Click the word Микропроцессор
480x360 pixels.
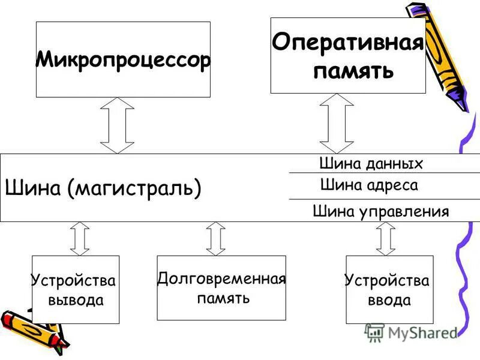(x=123, y=60)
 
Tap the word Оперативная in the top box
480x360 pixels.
(x=348, y=43)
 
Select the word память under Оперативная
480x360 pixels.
(x=354, y=71)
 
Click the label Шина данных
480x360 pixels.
(x=371, y=164)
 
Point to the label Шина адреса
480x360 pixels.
(x=369, y=185)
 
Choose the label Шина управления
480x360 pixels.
(x=381, y=211)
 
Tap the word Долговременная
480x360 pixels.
(x=221, y=279)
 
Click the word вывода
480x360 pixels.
(x=76, y=300)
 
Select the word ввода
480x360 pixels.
(x=389, y=300)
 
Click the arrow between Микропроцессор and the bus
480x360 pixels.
(x=117, y=125)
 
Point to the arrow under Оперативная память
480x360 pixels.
(x=337, y=124)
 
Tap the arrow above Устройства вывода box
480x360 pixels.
(x=80, y=238)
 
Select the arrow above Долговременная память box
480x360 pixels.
(x=215, y=238)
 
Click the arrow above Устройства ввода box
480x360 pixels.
(x=386, y=238)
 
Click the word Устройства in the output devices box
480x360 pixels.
(x=73, y=280)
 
